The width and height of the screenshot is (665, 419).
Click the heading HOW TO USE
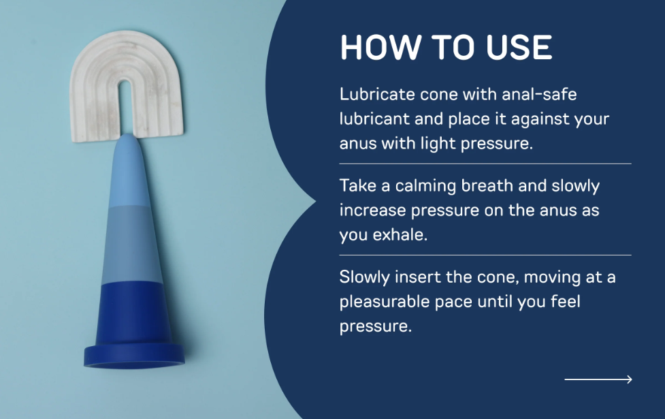446,48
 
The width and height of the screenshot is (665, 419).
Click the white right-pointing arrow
598,379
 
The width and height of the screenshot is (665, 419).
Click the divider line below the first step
485,164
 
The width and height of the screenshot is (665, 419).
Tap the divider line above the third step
485,255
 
